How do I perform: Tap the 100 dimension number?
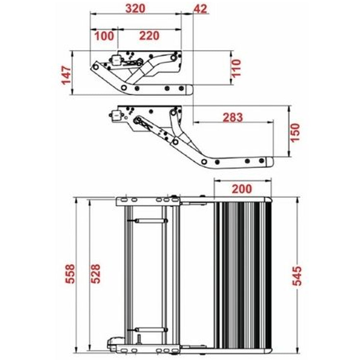pos(104,36)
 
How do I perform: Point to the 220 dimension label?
pos(149,36)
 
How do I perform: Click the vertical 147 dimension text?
pos(66,75)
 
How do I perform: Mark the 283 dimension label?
pos(233,117)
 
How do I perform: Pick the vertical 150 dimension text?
pos(295,132)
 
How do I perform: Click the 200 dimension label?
pos(242,188)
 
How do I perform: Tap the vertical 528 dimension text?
pos(95,274)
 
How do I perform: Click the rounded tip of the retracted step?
pos(190,89)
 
